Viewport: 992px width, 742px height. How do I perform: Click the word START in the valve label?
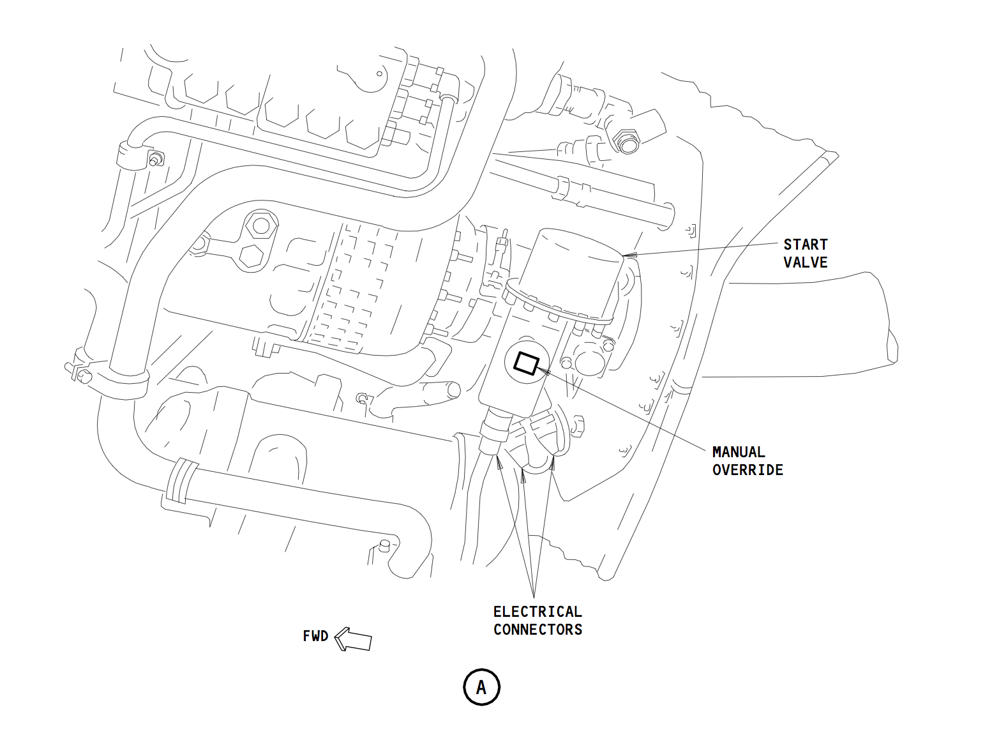pyautogui.click(x=805, y=245)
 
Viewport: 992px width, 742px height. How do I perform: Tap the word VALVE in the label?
pyautogui.click(x=805, y=262)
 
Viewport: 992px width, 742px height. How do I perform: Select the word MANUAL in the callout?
pyautogui.click(x=739, y=452)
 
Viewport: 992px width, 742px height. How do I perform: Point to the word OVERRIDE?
pyautogui.click(x=748, y=470)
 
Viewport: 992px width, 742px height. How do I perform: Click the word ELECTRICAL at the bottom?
pyautogui.click(x=537, y=612)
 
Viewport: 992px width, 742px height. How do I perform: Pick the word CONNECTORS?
pyautogui.click(x=537, y=630)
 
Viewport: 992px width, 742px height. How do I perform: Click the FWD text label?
pyautogui.click(x=315, y=637)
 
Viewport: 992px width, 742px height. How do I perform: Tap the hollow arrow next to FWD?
pyautogui.click(x=353, y=639)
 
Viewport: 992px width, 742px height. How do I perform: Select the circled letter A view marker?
pyautogui.click(x=481, y=688)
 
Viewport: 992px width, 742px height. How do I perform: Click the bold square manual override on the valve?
pyautogui.click(x=527, y=363)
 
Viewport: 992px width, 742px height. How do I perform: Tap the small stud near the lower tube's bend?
pyautogui.click(x=384, y=545)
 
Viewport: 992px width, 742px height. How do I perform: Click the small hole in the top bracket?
pyautogui.click(x=379, y=73)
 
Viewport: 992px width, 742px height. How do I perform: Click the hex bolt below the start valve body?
pyautogui.click(x=578, y=425)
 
